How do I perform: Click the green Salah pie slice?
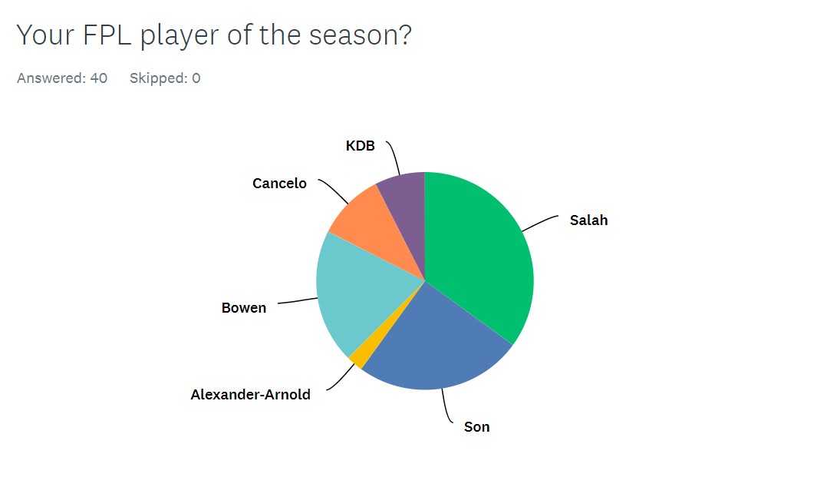tap(479, 250)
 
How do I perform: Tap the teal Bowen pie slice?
tap(360, 293)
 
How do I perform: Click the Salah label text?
tap(589, 220)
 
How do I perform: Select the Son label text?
tap(476, 427)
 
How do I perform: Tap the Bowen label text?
tap(244, 308)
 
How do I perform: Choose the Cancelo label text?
tap(279, 184)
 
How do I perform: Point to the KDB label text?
tap(360, 146)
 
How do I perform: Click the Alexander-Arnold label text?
tap(251, 394)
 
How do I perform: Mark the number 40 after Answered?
tap(98, 78)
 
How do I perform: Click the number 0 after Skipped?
tap(196, 78)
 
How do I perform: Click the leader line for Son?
tap(446, 406)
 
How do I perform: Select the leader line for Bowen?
tap(298, 300)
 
